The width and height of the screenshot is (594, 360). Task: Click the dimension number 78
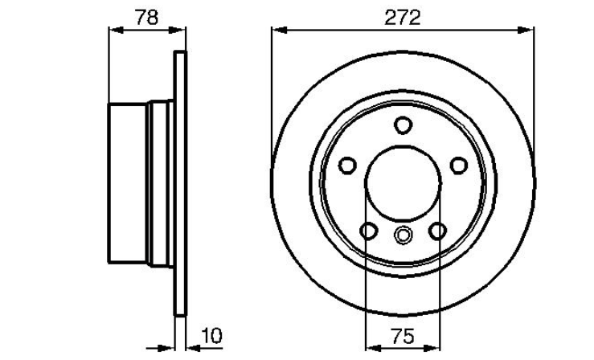coord(147,18)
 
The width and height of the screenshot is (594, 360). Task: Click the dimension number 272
coord(403,18)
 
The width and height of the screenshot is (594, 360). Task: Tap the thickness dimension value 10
coord(212,336)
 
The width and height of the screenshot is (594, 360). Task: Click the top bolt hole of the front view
coord(403,125)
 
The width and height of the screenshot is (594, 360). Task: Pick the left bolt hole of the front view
coord(347,166)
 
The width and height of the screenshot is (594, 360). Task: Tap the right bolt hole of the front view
coord(459,166)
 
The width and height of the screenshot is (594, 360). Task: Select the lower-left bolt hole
coord(369,231)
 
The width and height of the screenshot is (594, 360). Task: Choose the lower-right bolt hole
coord(437,231)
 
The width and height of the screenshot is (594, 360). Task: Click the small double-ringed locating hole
coord(403,235)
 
